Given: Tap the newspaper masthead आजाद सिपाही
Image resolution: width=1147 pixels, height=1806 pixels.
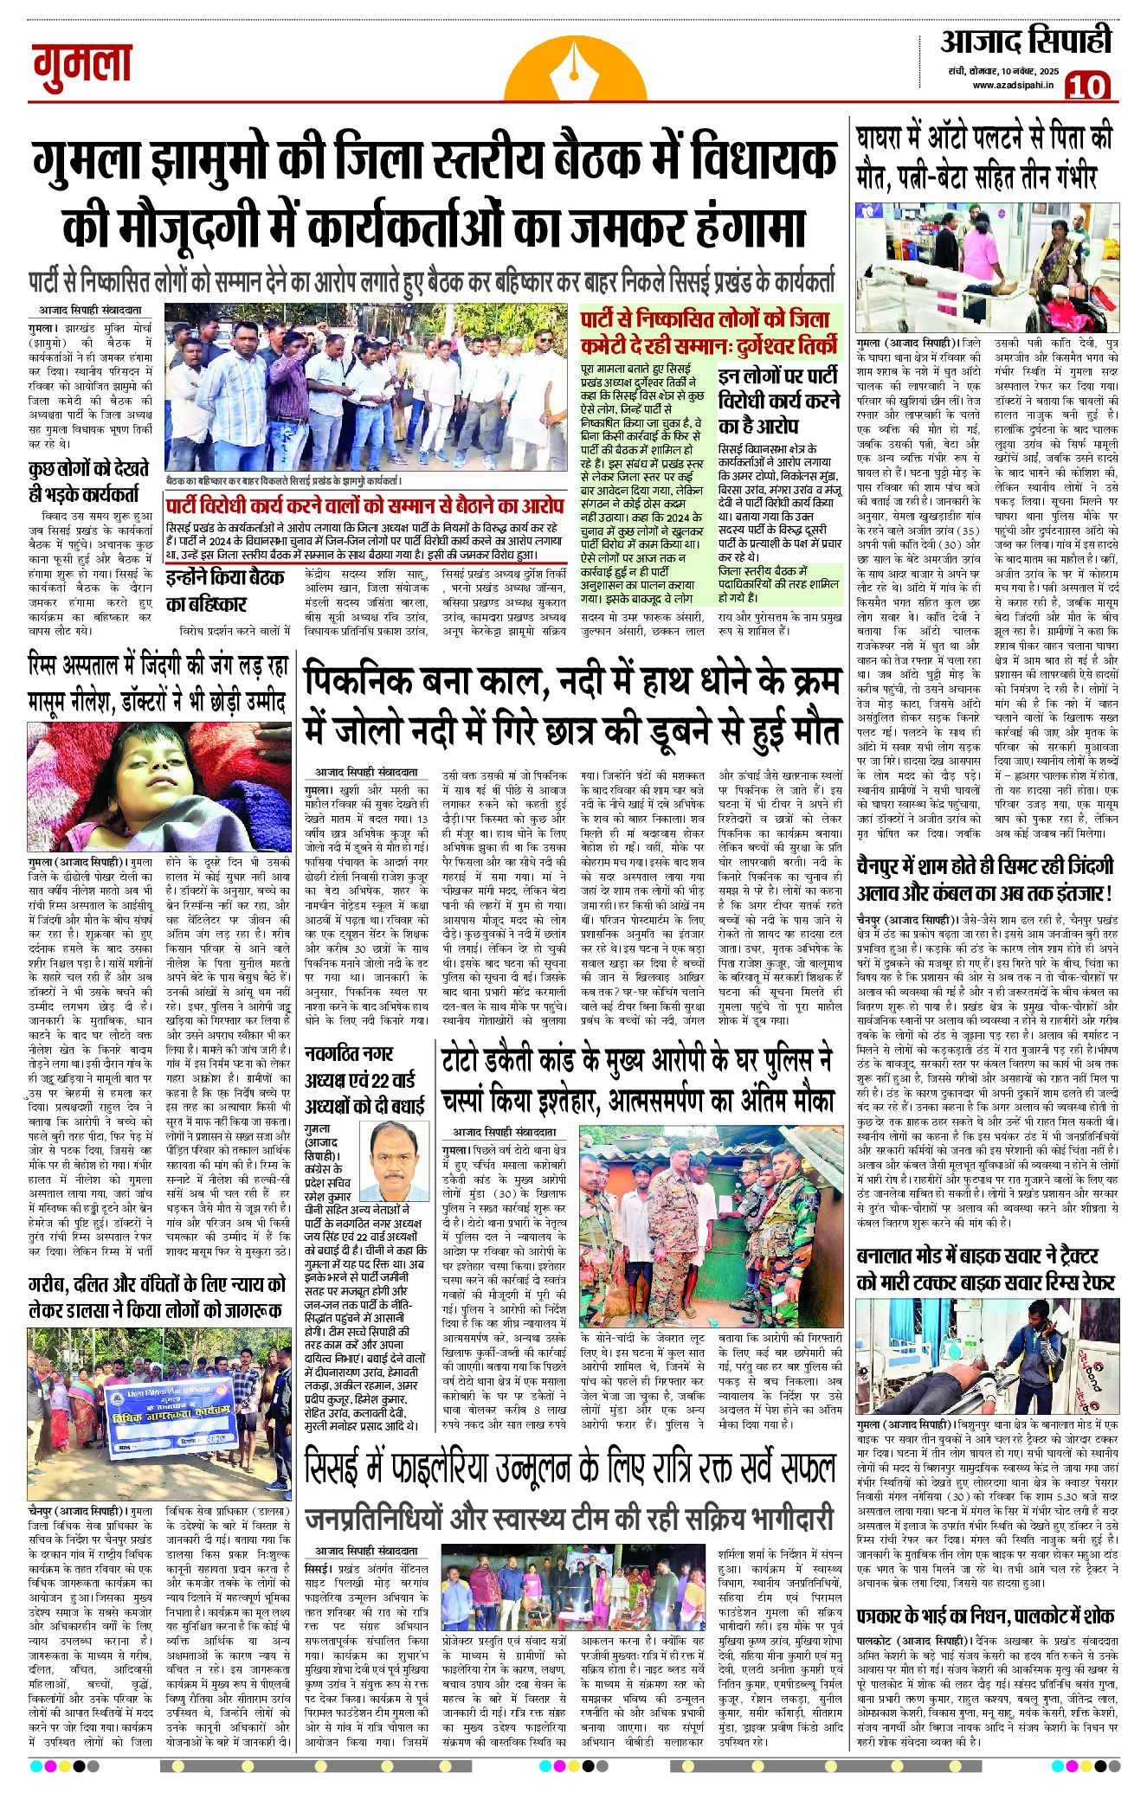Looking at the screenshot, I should (1025, 42).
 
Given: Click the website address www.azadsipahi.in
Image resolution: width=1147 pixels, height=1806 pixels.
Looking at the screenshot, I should (1011, 86).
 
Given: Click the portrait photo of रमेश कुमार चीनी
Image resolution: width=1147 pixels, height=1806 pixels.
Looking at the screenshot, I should (399, 1162).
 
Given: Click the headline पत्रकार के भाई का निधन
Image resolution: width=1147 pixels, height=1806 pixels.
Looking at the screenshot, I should (984, 1616).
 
